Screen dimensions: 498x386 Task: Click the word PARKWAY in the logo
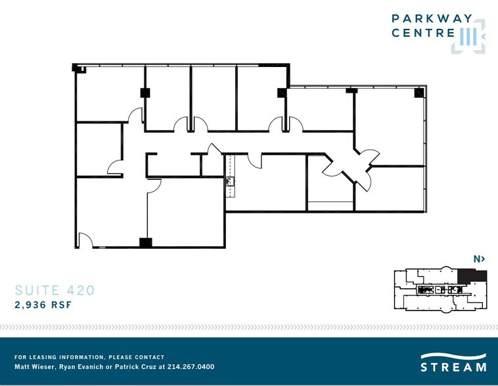click(x=432, y=18)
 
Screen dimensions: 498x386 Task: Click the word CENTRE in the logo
click(x=423, y=33)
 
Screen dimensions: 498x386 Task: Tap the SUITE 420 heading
click(x=55, y=290)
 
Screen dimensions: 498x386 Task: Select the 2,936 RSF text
click(x=43, y=305)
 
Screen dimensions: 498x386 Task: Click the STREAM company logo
click(x=453, y=362)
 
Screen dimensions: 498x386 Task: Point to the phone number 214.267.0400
click(x=191, y=367)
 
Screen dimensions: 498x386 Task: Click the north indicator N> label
click(x=479, y=259)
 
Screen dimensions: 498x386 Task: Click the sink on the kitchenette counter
click(x=230, y=182)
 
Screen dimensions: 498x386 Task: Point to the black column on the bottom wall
click(x=146, y=242)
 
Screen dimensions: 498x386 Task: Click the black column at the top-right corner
click(x=419, y=93)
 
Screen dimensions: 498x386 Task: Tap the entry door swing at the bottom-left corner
click(x=86, y=239)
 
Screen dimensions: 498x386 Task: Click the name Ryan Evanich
click(x=81, y=367)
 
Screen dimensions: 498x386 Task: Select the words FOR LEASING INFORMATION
click(x=59, y=357)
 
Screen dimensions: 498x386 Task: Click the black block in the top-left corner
click(x=76, y=68)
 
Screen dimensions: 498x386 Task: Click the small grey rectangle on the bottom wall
click(x=102, y=247)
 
